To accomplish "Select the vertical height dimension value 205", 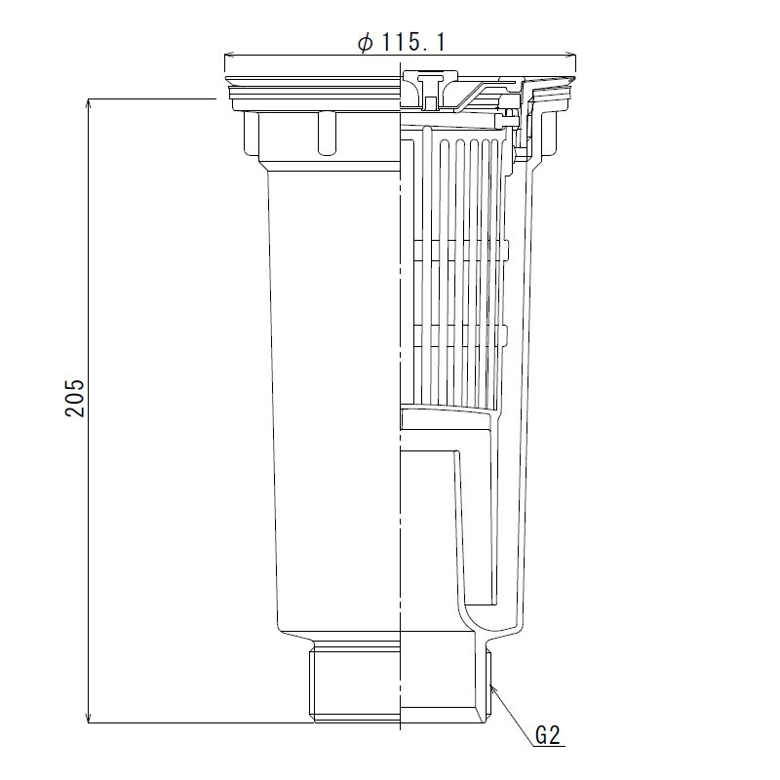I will pos(75,397).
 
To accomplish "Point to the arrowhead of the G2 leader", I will pos(493,687).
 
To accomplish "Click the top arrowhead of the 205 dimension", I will pos(89,103).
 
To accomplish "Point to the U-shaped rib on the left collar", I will pos(326,133).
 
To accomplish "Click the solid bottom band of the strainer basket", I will pos(448,420).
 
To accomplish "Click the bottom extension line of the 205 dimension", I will pos(195,722).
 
